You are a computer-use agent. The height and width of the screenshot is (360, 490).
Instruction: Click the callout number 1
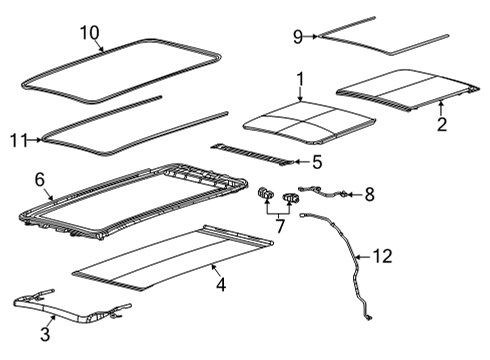click(300, 78)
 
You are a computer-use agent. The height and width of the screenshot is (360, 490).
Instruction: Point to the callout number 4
click(221, 284)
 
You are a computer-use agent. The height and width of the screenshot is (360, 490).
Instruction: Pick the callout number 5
click(315, 161)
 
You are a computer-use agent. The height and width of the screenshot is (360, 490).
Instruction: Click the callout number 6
click(41, 180)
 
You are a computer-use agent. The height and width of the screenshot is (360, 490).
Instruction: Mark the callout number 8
click(369, 193)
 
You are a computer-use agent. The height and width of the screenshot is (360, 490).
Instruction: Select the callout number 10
click(91, 33)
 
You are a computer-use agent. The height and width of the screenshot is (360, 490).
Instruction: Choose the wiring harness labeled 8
click(330, 193)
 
